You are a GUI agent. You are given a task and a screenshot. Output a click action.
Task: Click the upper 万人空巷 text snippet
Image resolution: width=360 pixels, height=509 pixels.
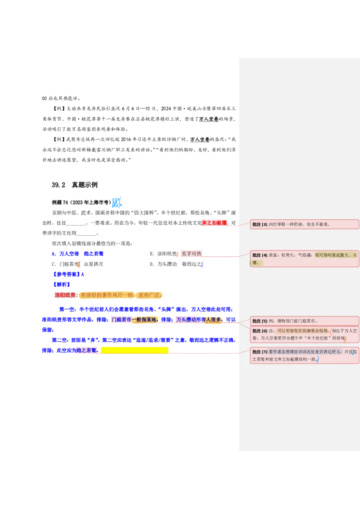208,119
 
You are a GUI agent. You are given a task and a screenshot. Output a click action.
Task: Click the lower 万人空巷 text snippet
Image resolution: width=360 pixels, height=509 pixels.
200,140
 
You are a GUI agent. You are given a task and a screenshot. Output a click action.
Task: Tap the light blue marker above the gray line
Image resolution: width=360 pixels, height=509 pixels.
117,202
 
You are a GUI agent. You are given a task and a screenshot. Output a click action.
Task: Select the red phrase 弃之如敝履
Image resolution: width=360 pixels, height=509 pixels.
214,223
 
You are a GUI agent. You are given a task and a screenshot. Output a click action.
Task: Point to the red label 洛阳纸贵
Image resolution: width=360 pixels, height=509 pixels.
66,295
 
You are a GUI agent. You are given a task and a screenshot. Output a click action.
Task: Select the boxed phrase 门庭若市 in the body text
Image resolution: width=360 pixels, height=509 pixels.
121,320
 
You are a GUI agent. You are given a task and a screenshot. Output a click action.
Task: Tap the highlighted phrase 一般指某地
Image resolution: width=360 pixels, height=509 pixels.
145,320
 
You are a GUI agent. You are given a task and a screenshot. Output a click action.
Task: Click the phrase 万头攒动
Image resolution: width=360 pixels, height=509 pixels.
186,320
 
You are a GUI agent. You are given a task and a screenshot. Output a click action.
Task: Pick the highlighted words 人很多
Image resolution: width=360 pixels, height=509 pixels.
214,320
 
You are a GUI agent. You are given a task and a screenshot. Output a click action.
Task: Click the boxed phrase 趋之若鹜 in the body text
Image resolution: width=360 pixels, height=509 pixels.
86,350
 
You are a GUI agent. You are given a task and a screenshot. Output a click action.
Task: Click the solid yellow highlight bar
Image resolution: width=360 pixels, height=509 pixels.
135,350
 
